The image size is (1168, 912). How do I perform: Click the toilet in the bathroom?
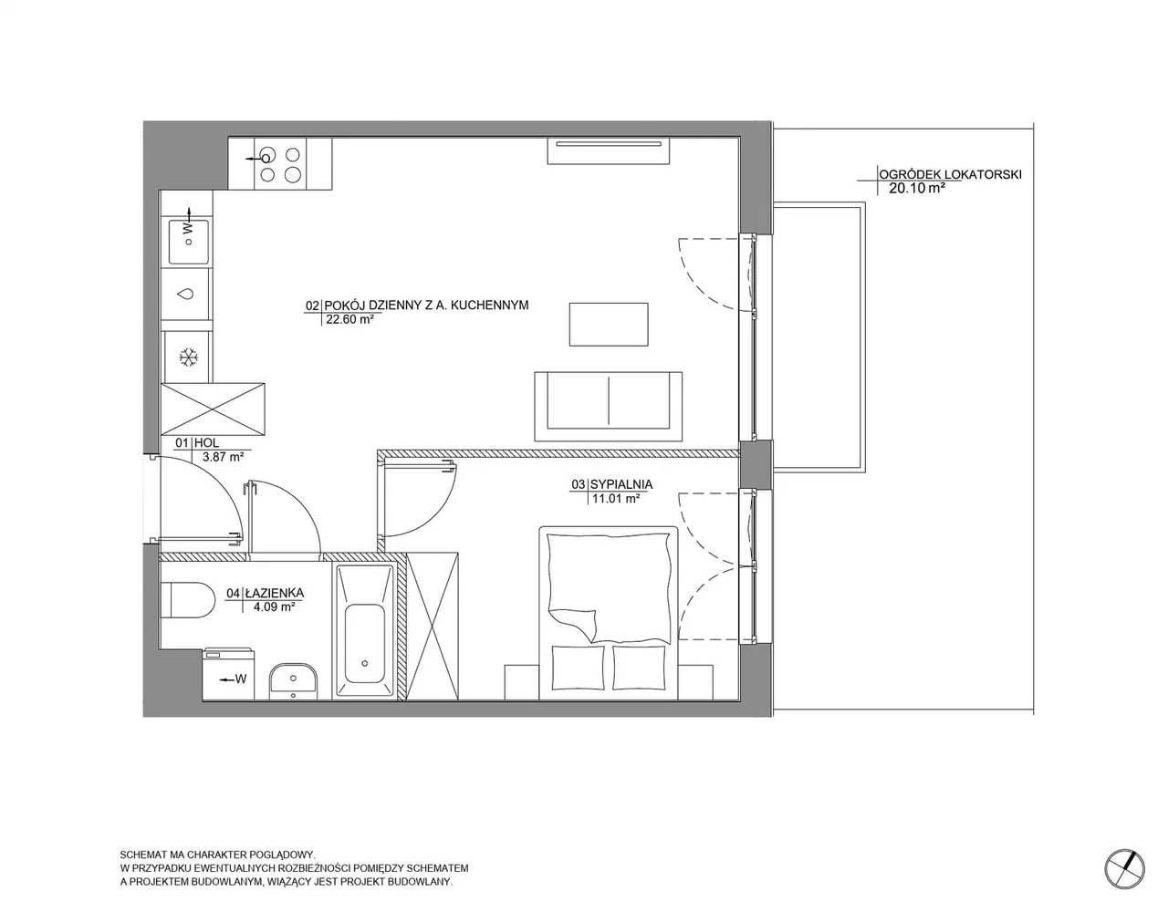coord(187,600)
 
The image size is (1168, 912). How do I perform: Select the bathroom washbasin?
coord(293,681)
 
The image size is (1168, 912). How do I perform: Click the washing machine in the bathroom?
coord(228,674)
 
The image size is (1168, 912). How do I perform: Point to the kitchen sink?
coord(189,242)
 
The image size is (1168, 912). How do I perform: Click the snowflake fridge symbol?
coord(188,358)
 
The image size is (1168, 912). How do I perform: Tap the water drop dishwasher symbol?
coord(186,294)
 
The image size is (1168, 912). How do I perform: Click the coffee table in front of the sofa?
coord(609,325)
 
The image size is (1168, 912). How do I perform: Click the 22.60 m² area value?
coord(349,319)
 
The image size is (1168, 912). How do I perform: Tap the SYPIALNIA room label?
coord(621,484)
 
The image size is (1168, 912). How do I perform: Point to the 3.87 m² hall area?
coord(223,457)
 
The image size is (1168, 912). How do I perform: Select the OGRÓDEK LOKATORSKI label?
coord(950,174)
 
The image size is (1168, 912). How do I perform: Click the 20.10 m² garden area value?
coord(917,189)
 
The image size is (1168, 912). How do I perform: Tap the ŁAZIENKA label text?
coord(274,593)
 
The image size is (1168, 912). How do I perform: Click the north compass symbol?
coord(1124,869)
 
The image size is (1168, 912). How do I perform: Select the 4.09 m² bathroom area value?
coord(274,606)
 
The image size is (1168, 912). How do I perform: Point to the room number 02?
coord(312,306)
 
